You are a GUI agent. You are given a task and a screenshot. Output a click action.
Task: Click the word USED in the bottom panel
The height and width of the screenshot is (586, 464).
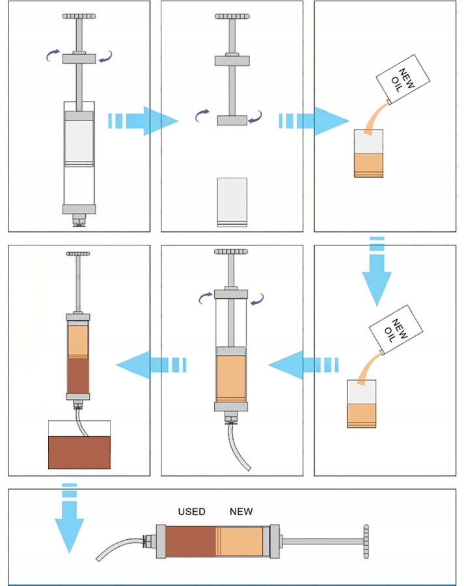point(191,511)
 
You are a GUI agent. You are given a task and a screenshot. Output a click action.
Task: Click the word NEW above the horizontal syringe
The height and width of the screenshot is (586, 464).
point(241,511)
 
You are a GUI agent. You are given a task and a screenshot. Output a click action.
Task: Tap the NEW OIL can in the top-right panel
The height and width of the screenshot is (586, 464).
point(403,79)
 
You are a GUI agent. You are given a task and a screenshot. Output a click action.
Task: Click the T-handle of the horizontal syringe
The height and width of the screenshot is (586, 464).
point(366,542)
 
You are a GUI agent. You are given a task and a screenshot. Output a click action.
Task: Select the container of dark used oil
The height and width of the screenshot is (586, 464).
point(79,444)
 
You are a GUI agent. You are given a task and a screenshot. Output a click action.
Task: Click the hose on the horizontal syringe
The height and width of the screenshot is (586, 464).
point(120,547)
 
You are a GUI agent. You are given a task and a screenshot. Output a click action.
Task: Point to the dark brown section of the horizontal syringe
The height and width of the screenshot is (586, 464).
point(191,542)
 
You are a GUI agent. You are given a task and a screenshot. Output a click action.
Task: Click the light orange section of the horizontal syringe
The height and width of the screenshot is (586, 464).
point(239,542)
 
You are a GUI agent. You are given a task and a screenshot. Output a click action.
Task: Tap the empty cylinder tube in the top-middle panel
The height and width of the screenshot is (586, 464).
point(232,202)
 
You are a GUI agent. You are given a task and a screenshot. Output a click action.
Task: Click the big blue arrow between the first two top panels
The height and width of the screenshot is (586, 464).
point(143,120)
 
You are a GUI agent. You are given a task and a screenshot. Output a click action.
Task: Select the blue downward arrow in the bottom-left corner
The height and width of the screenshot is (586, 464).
point(69,518)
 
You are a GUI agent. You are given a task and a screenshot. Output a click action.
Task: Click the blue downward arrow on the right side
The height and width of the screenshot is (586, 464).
point(377,272)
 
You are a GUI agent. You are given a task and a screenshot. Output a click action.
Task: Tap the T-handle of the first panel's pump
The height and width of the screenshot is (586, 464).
point(79,16)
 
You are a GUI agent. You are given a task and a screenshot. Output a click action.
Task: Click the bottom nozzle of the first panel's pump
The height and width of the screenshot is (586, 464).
point(79,220)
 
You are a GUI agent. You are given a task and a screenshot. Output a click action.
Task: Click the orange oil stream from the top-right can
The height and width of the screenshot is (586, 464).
point(375,118)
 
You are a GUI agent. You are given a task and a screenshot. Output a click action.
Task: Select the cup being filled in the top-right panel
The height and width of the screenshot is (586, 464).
point(368,153)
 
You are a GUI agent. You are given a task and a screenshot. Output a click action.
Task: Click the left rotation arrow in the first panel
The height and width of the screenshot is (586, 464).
point(53,55)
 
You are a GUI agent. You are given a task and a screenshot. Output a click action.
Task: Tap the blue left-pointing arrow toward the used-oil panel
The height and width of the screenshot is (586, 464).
point(151,365)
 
